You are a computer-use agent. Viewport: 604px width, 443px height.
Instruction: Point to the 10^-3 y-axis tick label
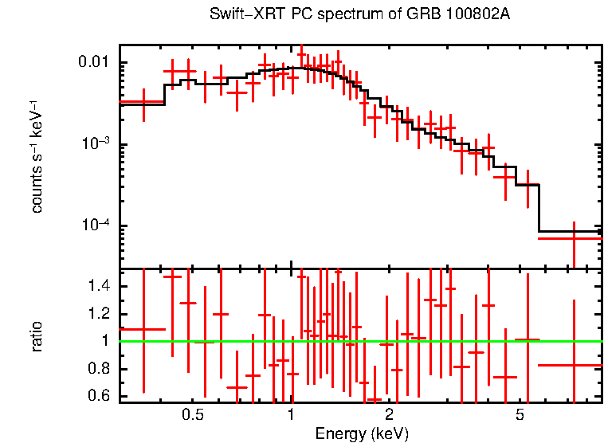pyautogui.click(x=99, y=144)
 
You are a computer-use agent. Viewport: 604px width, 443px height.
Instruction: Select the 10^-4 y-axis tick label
pyautogui.click(x=99, y=226)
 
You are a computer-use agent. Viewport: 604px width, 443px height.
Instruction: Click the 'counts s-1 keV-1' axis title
pyautogui.click(x=37, y=156)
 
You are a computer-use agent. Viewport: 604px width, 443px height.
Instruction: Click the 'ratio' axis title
pyautogui.click(x=37, y=336)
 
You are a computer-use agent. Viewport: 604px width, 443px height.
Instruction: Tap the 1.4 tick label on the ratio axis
pyautogui.click(x=103, y=287)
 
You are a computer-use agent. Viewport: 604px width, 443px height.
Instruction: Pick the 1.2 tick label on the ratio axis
pyautogui.click(x=103, y=314)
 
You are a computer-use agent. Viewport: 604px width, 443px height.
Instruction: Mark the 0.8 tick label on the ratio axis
pyautogui.click(x=103, y=369)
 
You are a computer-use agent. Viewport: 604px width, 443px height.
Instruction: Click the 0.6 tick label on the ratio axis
pyautogui.click(x=103, y=396)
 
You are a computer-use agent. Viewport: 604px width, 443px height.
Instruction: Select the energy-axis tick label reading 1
pyautogui.click(x=291, y=415)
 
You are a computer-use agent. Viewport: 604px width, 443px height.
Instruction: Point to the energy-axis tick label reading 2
pyautogui.click(x=389, y=415)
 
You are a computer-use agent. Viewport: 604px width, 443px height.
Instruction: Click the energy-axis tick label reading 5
pyautogui.click(x=519, y=415)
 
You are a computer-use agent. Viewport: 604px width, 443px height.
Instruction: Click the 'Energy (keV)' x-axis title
pyautogui.click(x=361, y=433)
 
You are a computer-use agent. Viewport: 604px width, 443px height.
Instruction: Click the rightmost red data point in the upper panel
pyautogui.click(x=574, y=238)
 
